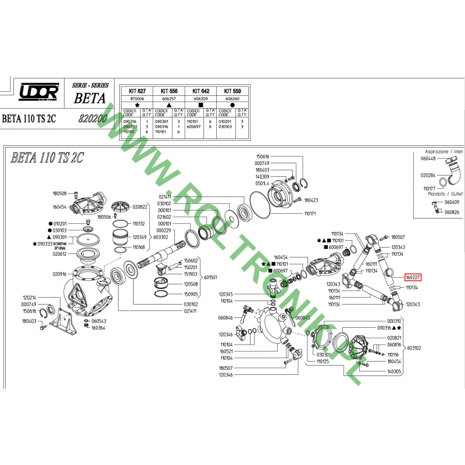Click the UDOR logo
(39, 92)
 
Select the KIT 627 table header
(137, 92)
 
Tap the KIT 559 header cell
(233, 92)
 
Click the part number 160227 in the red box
(414, 278)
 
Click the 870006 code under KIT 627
(137, 99)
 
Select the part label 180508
(60, 194)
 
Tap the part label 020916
(60, 274)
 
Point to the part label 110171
(309, 214)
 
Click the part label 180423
(311, 200)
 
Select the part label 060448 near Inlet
(427, 158)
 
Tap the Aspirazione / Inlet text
(445, 151)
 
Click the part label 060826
(452, 212)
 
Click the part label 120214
(30, 296)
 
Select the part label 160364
(99, 327)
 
